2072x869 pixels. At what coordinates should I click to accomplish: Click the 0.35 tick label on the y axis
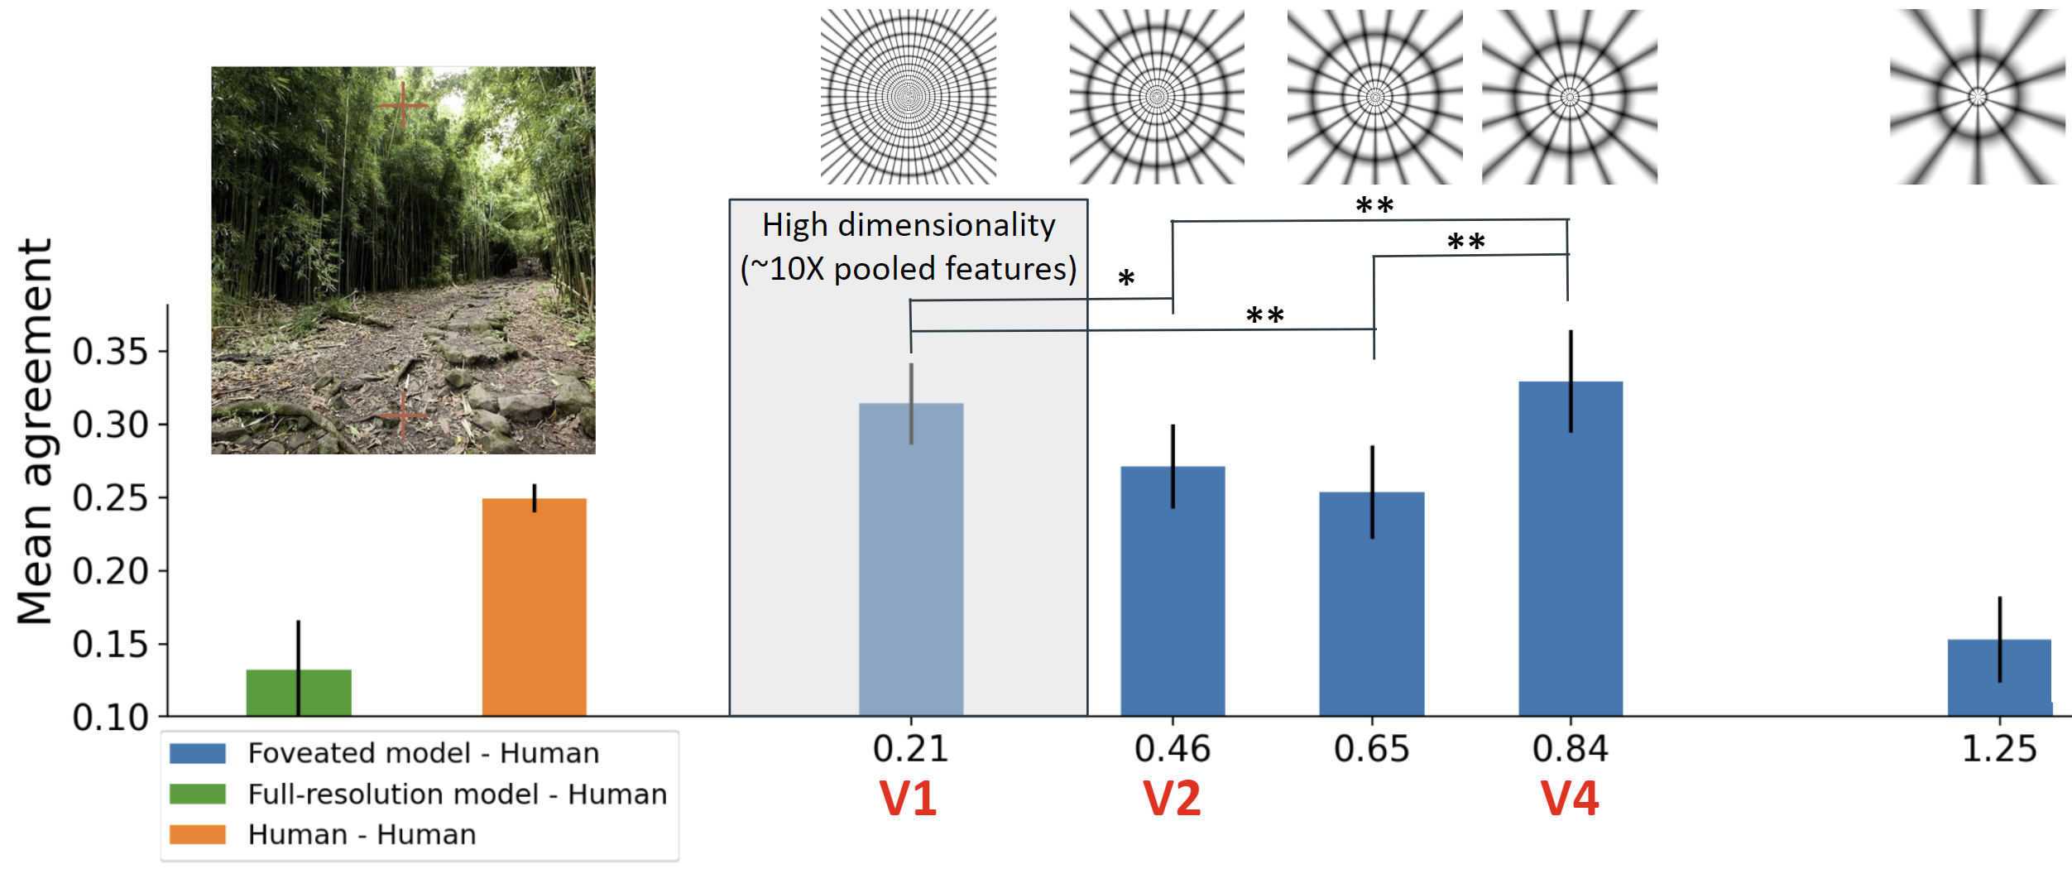[110, 352]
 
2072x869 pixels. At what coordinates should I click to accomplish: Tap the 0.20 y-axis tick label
[110, 571]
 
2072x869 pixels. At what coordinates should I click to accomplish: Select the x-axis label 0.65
[1371, 749]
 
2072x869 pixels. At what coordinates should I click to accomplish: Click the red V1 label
[908, 799]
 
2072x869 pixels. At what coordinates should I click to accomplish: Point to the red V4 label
[1570, 799]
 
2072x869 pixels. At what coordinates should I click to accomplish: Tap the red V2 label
[1172, 799]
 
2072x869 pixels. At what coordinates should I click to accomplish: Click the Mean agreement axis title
[35, 430]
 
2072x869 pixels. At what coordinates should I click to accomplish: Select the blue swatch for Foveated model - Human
[197, 753]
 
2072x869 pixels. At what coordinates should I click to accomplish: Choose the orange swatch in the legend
[197, 834]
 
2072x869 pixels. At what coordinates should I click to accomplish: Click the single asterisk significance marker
[1125, 279]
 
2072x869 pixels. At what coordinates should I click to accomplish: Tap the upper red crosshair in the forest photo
[403, 106]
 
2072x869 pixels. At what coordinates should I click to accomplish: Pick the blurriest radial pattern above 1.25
[1977, 97]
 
